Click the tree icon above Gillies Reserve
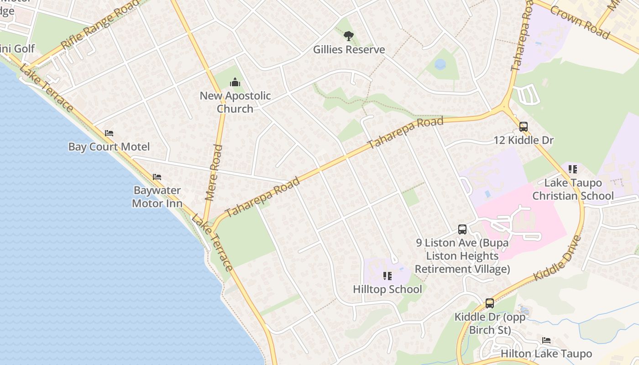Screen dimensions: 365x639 point(349,36)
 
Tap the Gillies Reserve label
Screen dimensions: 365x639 point(349,49)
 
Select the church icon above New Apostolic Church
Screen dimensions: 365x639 point(235,82)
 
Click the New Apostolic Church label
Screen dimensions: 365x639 point(235,102)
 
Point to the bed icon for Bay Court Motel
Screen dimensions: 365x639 point(109,133)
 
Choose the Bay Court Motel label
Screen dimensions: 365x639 point(109,146)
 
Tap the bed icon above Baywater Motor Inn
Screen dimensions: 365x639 point(157,177)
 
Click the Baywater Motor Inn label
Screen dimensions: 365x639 point(157,197)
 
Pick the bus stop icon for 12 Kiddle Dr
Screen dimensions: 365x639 point(524,126)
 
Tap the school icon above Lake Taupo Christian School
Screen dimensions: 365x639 point(573,169)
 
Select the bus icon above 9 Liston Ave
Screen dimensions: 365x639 point(462,229)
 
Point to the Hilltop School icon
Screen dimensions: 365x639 point(387,276)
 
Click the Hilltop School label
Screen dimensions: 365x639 point(387,289)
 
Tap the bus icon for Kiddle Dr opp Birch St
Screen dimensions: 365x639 point(490,303)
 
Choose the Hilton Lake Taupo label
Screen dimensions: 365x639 point(546,354)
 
